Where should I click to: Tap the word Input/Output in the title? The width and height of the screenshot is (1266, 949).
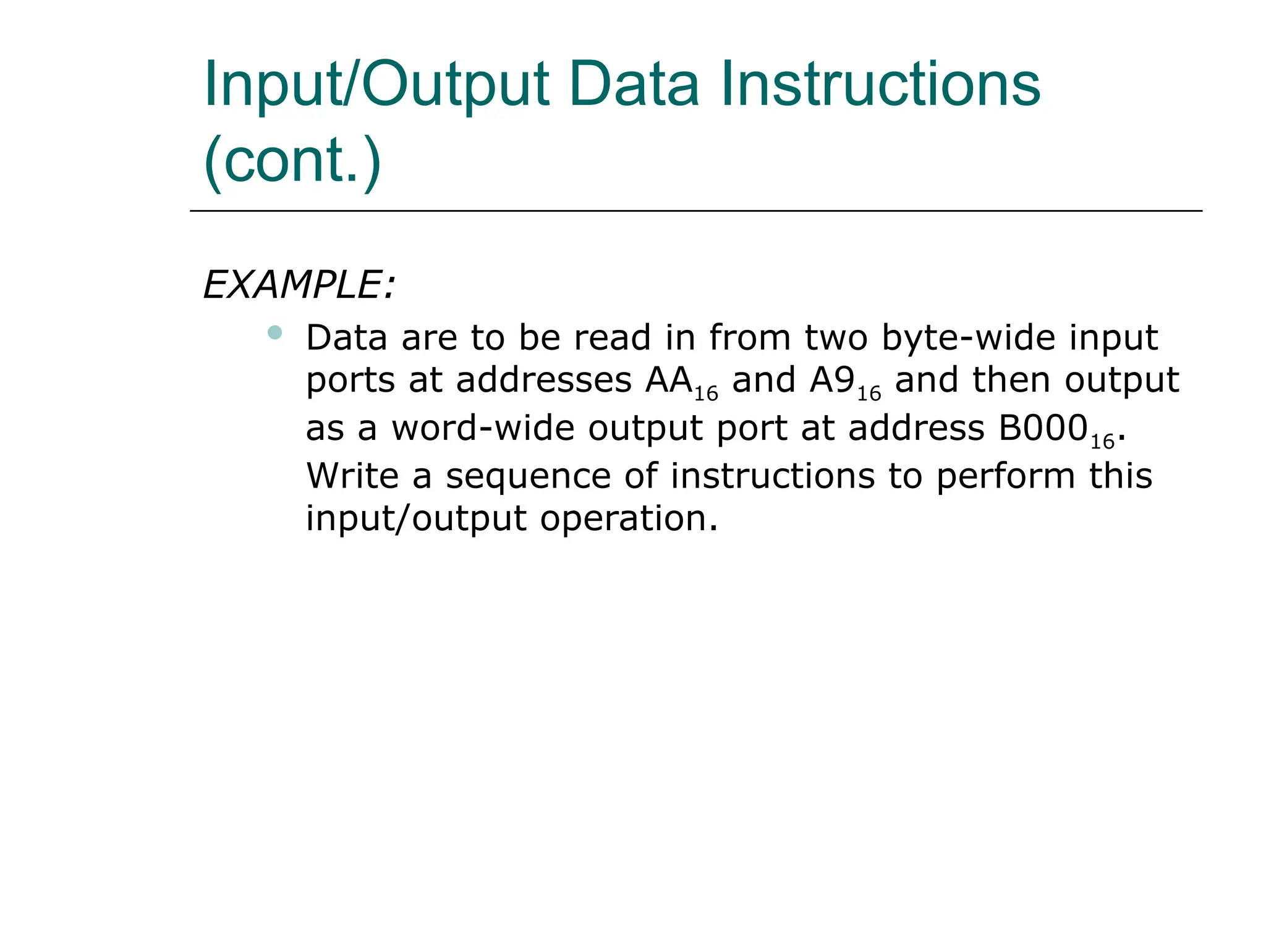(x=376, y=85)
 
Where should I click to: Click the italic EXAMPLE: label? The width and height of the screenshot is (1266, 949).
(x=299, y=285)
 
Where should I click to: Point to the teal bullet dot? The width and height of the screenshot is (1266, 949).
(x=275, y=333)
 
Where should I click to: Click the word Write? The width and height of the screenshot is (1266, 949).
(x=352, y=476)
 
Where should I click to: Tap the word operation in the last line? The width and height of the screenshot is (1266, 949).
(x=629, y=518)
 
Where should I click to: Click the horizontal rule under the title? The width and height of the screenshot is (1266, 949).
(x=695, y=211)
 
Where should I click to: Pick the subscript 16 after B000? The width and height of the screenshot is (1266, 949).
(x=1102, y=441)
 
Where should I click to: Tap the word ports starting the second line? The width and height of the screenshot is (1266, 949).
(x=350, y=381)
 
